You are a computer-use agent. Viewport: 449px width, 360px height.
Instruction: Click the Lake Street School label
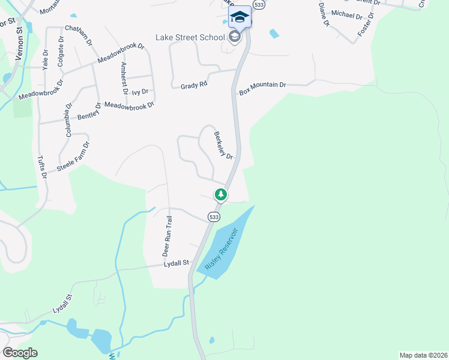190,37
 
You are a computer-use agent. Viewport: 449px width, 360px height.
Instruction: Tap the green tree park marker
221,194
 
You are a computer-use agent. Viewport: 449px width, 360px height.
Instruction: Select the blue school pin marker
240,17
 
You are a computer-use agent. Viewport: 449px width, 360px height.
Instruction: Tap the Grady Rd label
194,86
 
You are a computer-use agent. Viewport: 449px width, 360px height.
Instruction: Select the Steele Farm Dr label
74,157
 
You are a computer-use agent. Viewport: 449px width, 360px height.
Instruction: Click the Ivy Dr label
140,91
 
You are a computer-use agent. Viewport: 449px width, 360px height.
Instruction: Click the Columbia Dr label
68,121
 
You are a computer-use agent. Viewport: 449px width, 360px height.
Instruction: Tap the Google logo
19,353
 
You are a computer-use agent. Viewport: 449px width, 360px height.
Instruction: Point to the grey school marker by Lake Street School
234,38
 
